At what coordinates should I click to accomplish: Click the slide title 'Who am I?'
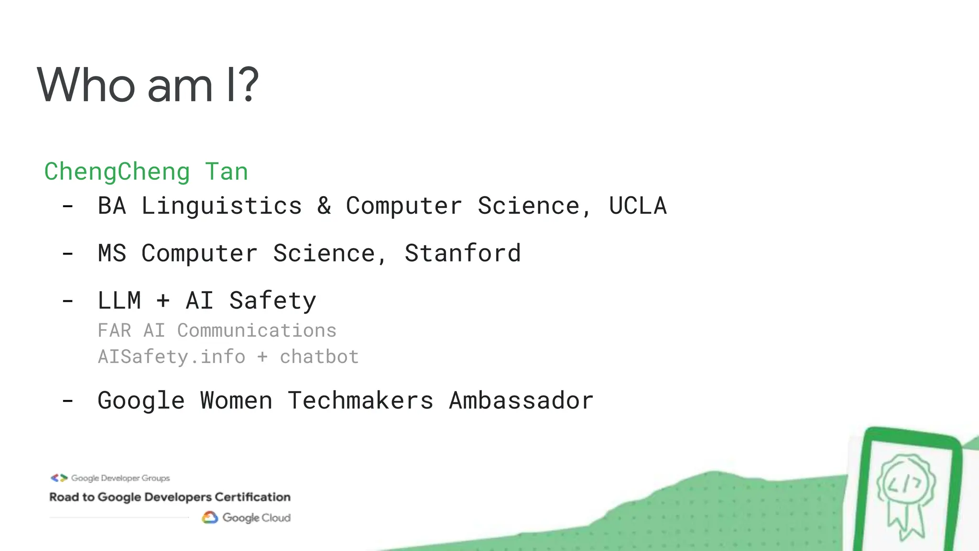[148, 85]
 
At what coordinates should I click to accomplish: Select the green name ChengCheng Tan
[146, 172]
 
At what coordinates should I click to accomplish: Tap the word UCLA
[638, 206]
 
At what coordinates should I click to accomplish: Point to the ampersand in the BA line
[324, 206]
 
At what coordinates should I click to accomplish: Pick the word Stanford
[463, 253]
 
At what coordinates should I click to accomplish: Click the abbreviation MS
[112, 253]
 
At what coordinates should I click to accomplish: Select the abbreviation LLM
[119, 301]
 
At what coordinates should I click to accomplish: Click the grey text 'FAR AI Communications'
[217, 331]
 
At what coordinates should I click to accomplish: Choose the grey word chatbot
[319, 357]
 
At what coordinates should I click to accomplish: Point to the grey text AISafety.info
[172, 357]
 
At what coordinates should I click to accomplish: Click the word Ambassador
[521, 400]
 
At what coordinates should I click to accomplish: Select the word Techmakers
[360, 400]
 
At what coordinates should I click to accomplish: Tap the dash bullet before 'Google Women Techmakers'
[68, 401]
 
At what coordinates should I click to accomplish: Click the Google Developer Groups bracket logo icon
[59, 478]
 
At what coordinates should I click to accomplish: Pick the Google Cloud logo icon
[210, 518]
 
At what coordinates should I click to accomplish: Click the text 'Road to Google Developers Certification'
[170, 497]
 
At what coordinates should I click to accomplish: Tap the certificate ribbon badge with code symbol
[905, 493]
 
